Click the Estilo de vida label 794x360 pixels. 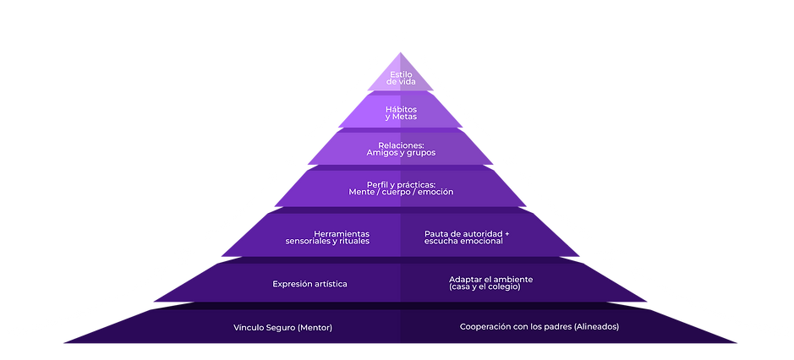pyautogui.click(x=400, y=79)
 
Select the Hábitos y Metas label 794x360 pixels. pyautogui.click(x=400, y=113)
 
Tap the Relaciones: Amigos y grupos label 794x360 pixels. pyautogui.click(x=400, y=149)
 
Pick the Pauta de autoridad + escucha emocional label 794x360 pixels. pyautogui.click(x=467, y=237)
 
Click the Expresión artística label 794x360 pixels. pyautogui.click(x=309, y=284)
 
